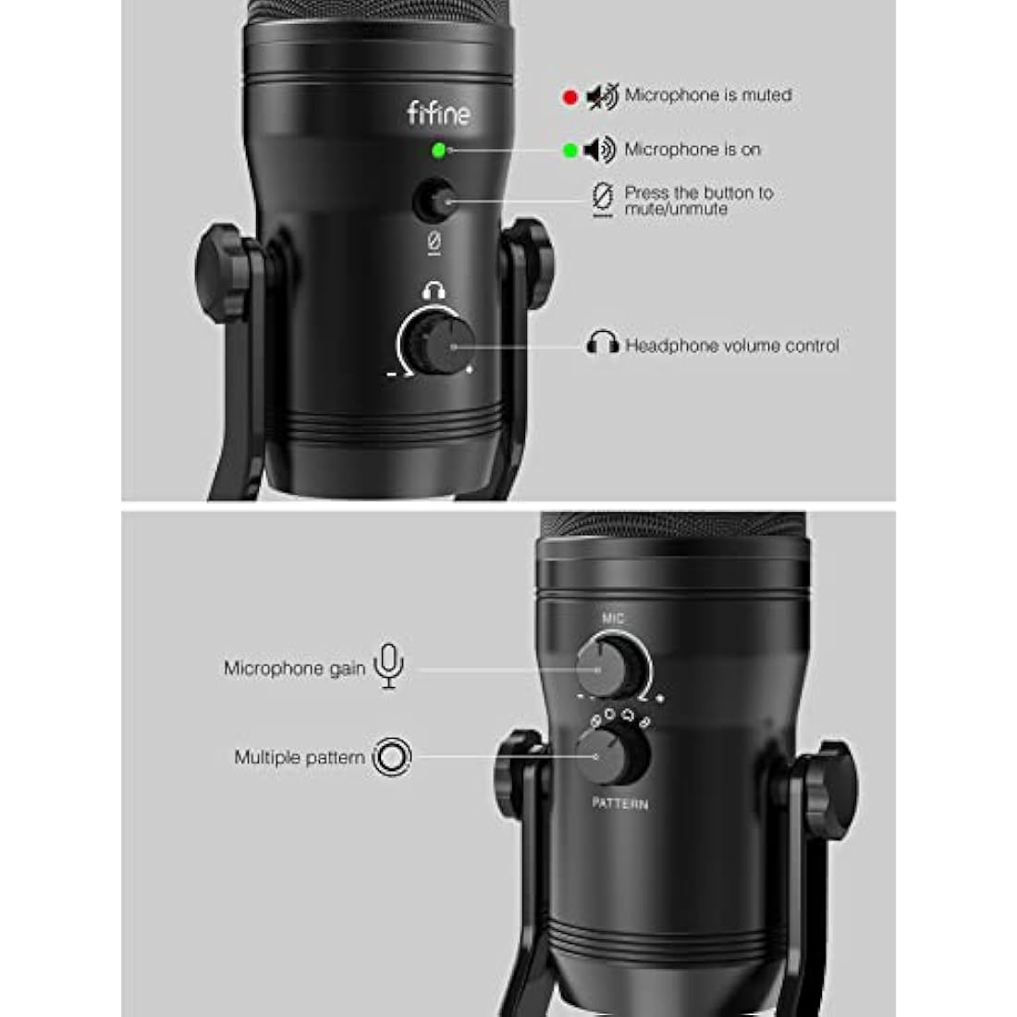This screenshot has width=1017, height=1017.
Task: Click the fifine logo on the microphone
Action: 438,114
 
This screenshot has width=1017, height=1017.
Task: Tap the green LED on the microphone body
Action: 438,150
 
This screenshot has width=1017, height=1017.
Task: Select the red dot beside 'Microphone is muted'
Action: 570,96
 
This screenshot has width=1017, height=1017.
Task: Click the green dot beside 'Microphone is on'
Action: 570,150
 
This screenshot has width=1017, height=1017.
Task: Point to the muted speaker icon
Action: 602,95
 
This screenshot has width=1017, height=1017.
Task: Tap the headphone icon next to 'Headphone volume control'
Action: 603,343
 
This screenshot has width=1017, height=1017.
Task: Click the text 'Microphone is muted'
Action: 707,95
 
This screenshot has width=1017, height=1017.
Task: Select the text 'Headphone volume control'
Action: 731,346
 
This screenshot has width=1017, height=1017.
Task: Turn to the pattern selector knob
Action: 611,755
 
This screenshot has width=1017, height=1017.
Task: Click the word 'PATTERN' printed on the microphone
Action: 619,803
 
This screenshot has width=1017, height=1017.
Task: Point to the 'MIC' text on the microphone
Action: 613,618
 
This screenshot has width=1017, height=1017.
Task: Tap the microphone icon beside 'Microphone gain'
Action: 389,666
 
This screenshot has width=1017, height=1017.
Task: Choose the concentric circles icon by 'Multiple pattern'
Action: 392,757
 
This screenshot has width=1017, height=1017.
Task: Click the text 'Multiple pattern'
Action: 299,757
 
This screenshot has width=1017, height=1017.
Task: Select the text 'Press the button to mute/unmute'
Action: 698,201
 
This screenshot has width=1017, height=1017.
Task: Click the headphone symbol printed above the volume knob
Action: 434,291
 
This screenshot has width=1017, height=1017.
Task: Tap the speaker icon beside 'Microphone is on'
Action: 600,150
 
